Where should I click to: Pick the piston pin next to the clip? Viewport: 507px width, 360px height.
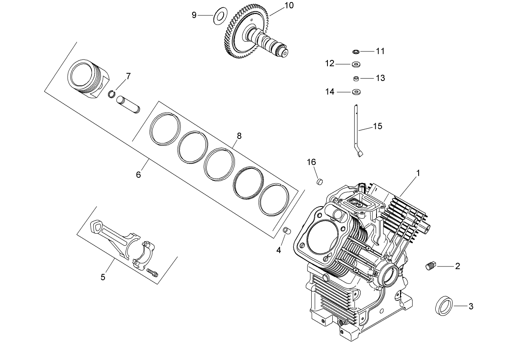point(128,104)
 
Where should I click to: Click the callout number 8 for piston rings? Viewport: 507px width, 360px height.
point(239,136)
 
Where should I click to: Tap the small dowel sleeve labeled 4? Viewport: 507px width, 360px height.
point(287,230)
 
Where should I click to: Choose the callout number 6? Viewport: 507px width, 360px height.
point(138,175)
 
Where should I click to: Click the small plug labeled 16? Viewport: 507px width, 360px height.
point(319,180)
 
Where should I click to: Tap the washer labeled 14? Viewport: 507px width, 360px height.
point(357,92)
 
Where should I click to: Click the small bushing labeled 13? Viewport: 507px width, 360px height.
point(356,78)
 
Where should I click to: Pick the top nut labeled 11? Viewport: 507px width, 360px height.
point(356,51)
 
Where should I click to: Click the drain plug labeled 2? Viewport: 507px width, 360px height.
point(430,266)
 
